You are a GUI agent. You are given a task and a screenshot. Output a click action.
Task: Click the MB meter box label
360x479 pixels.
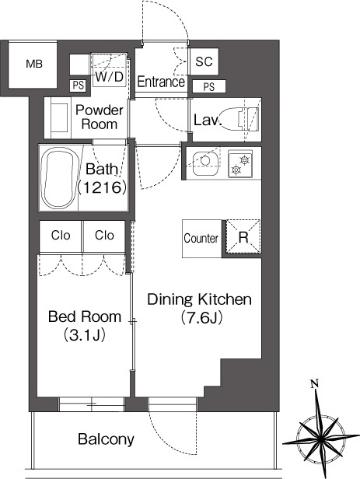34,64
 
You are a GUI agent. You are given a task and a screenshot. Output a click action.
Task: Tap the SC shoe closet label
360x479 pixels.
204,61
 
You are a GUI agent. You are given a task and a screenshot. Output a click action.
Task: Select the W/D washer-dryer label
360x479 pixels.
110,77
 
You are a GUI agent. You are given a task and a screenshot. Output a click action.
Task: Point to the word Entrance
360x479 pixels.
161,82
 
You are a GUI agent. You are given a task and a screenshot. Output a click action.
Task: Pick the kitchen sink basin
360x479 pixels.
205,163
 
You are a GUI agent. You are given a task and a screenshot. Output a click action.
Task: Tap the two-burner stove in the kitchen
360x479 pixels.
240,164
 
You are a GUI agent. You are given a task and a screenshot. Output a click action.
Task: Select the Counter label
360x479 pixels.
201,238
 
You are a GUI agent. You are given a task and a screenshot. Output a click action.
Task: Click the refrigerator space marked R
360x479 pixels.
243,237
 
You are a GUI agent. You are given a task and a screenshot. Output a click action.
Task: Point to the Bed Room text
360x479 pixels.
85,316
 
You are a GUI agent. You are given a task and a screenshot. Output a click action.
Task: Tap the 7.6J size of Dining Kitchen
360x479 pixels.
201,318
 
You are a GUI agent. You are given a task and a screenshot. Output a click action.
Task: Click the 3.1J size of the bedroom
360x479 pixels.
85,335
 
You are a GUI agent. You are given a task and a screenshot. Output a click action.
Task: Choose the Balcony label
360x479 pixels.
106,439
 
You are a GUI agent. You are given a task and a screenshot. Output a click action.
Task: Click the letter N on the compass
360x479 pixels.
314,383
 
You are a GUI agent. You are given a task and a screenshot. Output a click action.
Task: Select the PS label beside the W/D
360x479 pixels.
79,86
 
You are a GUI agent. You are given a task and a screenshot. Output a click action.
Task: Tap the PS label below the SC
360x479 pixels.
209,87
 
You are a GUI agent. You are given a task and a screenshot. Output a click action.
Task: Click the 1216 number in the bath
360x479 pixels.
103,187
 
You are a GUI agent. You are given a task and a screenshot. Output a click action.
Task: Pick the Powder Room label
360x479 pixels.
100,117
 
